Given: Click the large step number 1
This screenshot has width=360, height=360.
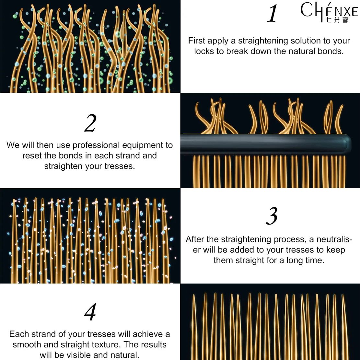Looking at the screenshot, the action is pyautogui.click(x=272, y=13).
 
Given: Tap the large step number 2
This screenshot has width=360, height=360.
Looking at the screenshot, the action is pyautogui.click(x=90, y=123).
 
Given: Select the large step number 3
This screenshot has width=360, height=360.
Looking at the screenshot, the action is pyautogui.click(x=272, y=216).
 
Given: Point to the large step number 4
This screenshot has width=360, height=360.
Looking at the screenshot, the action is pyautogui.click(x=90, y=311).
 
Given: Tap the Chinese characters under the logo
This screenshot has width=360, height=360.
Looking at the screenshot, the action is pyautogui.click(x=337, y=20).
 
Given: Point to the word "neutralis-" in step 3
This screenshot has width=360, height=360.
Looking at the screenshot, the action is pyautogui.click(x=334, y=239).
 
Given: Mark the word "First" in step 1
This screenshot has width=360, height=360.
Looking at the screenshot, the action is pyautogui.click(x=197, y=41).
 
